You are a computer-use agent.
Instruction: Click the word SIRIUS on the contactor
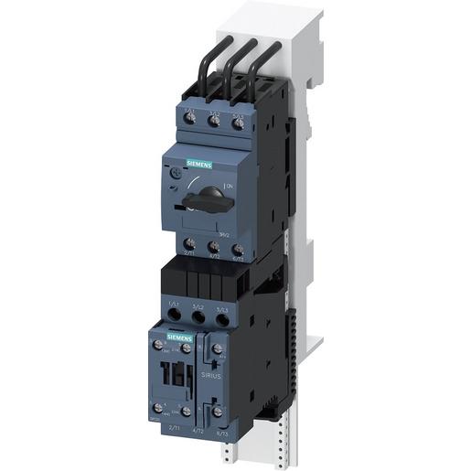pyautogui.click(x=213, y=376)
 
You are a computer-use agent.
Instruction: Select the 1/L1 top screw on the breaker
pyautogui.click(x=191, y=122)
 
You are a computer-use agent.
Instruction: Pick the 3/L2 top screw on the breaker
pyautogui.click(x=215, y=122)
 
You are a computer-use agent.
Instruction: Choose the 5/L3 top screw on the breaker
pyautogui.click(x=239, y=123)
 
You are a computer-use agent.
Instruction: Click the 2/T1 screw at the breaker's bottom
pyautogui.click(x=188, y=245)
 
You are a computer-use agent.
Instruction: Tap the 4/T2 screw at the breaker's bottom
pyautogui.click(x=213, y=247)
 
